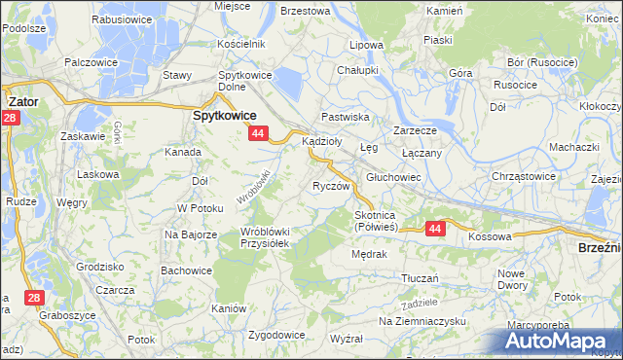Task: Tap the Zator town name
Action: pos(22,99)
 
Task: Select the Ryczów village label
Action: pos(330,186)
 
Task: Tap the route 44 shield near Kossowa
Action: pos(434,228)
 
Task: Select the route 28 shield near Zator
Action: pos(10,118)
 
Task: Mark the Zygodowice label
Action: pos(276,335)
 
